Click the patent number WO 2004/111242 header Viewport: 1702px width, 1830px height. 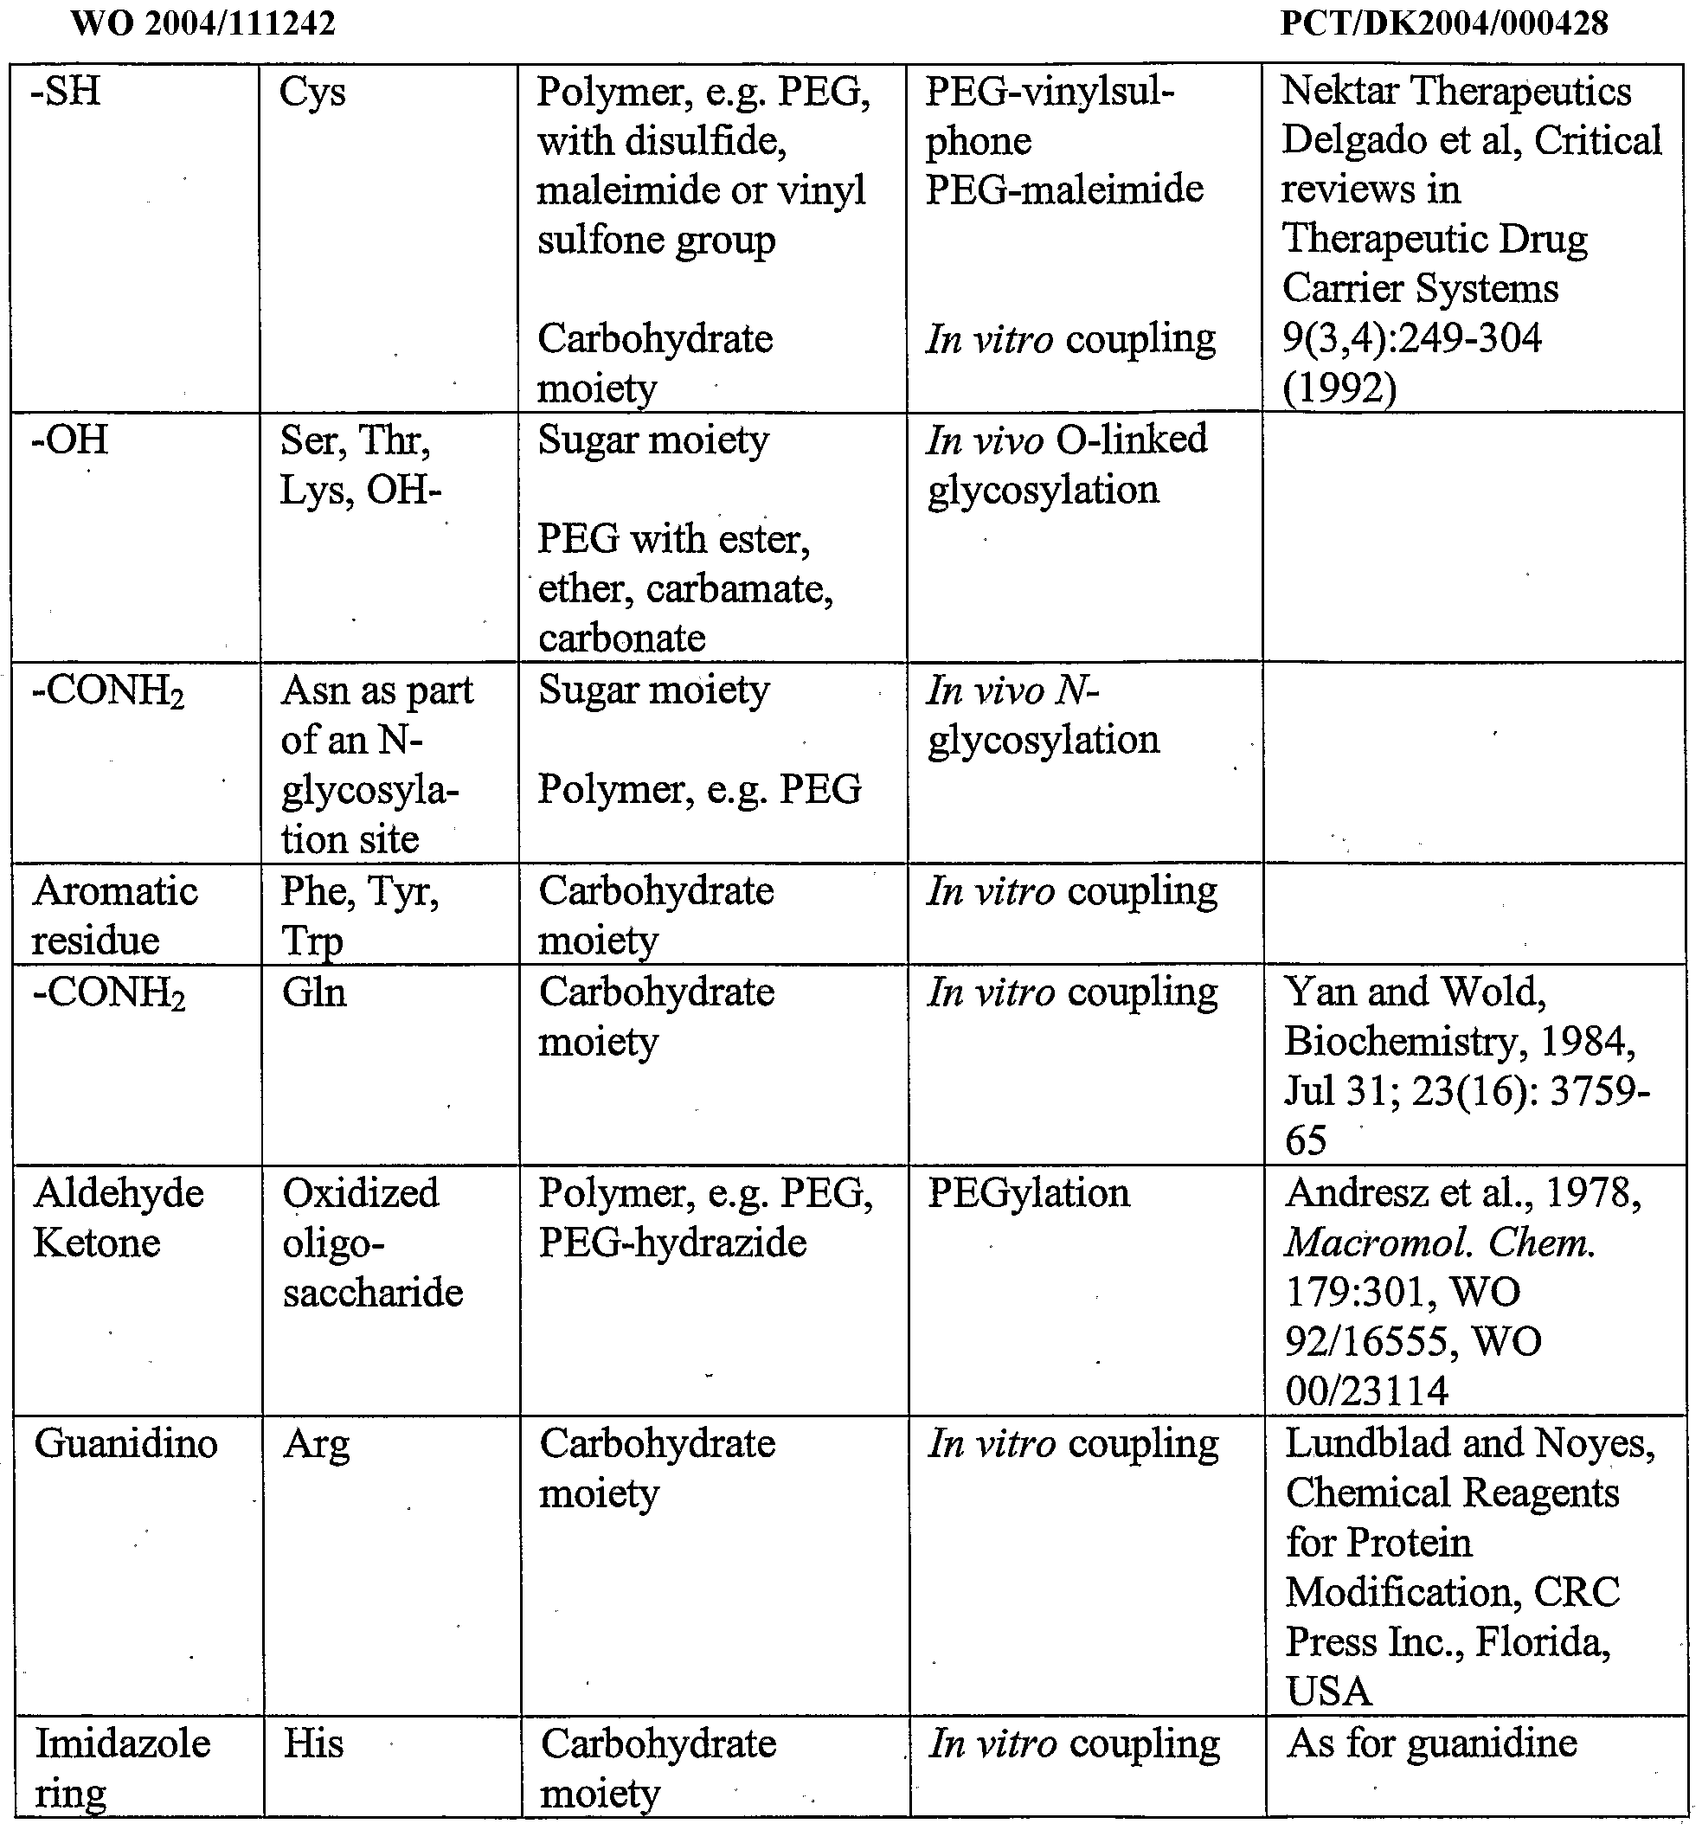point(202,24)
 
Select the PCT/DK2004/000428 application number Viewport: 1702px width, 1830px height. point(1443,24)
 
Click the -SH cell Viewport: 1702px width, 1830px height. point(67,92)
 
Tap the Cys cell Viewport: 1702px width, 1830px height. point(312,93)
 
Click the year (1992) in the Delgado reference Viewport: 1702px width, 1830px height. point(1339,388)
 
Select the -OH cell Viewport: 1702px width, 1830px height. point(70,440)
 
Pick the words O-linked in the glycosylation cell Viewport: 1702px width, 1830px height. point(1131,440)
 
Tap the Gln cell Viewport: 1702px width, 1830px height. point(314,993)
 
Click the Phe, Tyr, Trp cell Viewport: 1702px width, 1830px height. point(360,916)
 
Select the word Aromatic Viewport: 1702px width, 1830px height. point(116,892)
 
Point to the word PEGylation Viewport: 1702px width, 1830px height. point(1028,1194)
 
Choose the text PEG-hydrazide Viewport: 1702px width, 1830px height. point(672,1243)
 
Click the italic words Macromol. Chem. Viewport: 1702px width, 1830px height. point(1439,1243)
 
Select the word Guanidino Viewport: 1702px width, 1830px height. point(126,1444)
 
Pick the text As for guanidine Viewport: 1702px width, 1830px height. point(1431,1743)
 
